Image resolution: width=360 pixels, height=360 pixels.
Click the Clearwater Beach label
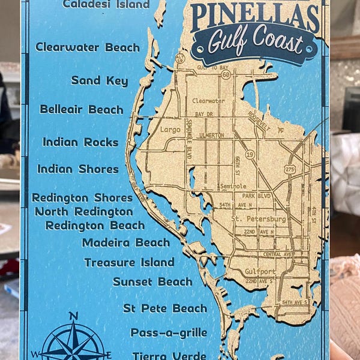88,47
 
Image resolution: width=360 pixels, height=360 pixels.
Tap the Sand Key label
100,80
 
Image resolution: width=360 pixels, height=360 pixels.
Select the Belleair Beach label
82,109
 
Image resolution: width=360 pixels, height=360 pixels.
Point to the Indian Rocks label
80,142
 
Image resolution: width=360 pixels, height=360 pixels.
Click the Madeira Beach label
126,242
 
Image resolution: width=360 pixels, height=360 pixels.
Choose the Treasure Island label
129,262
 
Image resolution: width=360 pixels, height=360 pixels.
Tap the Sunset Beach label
152,281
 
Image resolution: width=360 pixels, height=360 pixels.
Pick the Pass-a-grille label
169,332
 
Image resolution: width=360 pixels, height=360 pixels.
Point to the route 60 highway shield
226,76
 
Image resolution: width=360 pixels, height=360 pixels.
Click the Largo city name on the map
171,129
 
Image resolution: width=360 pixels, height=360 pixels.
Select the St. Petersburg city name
259,219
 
